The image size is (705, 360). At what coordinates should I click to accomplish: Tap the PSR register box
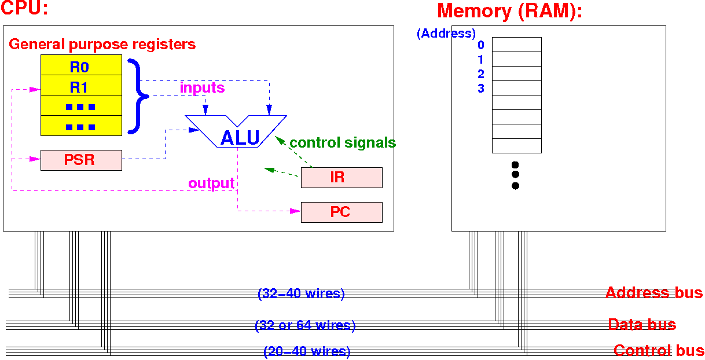(x=81, y=160)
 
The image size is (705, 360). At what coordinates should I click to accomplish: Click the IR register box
(x=342, y=177)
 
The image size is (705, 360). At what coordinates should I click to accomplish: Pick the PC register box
(x=342, y=212)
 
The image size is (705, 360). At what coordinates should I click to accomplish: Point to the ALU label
(x=240, y=138)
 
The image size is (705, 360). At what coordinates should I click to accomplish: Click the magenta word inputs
(x=202, y=88)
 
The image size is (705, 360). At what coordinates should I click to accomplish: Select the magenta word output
(x=211, y=183)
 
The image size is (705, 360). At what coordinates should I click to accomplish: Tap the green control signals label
(x=343, y=142)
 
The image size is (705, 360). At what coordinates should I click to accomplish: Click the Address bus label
(x=653, y=292)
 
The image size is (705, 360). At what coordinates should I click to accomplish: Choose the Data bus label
(x=641, y=324)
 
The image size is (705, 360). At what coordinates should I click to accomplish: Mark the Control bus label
(x=659, y=350)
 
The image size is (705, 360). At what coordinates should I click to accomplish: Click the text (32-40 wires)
(x=301, y=294)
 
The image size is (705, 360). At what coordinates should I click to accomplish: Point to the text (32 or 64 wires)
(x=305, y=325)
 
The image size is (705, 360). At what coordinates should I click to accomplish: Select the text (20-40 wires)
(x=307, y=351)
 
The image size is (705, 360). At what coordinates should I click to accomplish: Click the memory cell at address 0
(x=516, y=45)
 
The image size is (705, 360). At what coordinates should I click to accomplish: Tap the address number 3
(x=481, y=89)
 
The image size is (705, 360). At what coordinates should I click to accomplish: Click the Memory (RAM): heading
(x=509, y=11)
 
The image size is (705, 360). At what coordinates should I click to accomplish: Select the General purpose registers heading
(x=102, y=44)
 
